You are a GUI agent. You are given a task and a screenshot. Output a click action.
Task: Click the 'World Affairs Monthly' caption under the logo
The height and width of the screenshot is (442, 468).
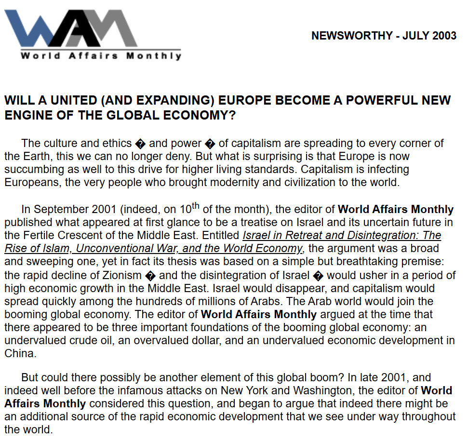(x=101, y=55)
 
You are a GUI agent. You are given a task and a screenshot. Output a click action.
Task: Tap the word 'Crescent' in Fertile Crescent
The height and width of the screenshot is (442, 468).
(x=72, y=236)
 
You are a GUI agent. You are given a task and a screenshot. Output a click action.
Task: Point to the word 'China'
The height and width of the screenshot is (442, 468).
(x=19, y=354)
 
